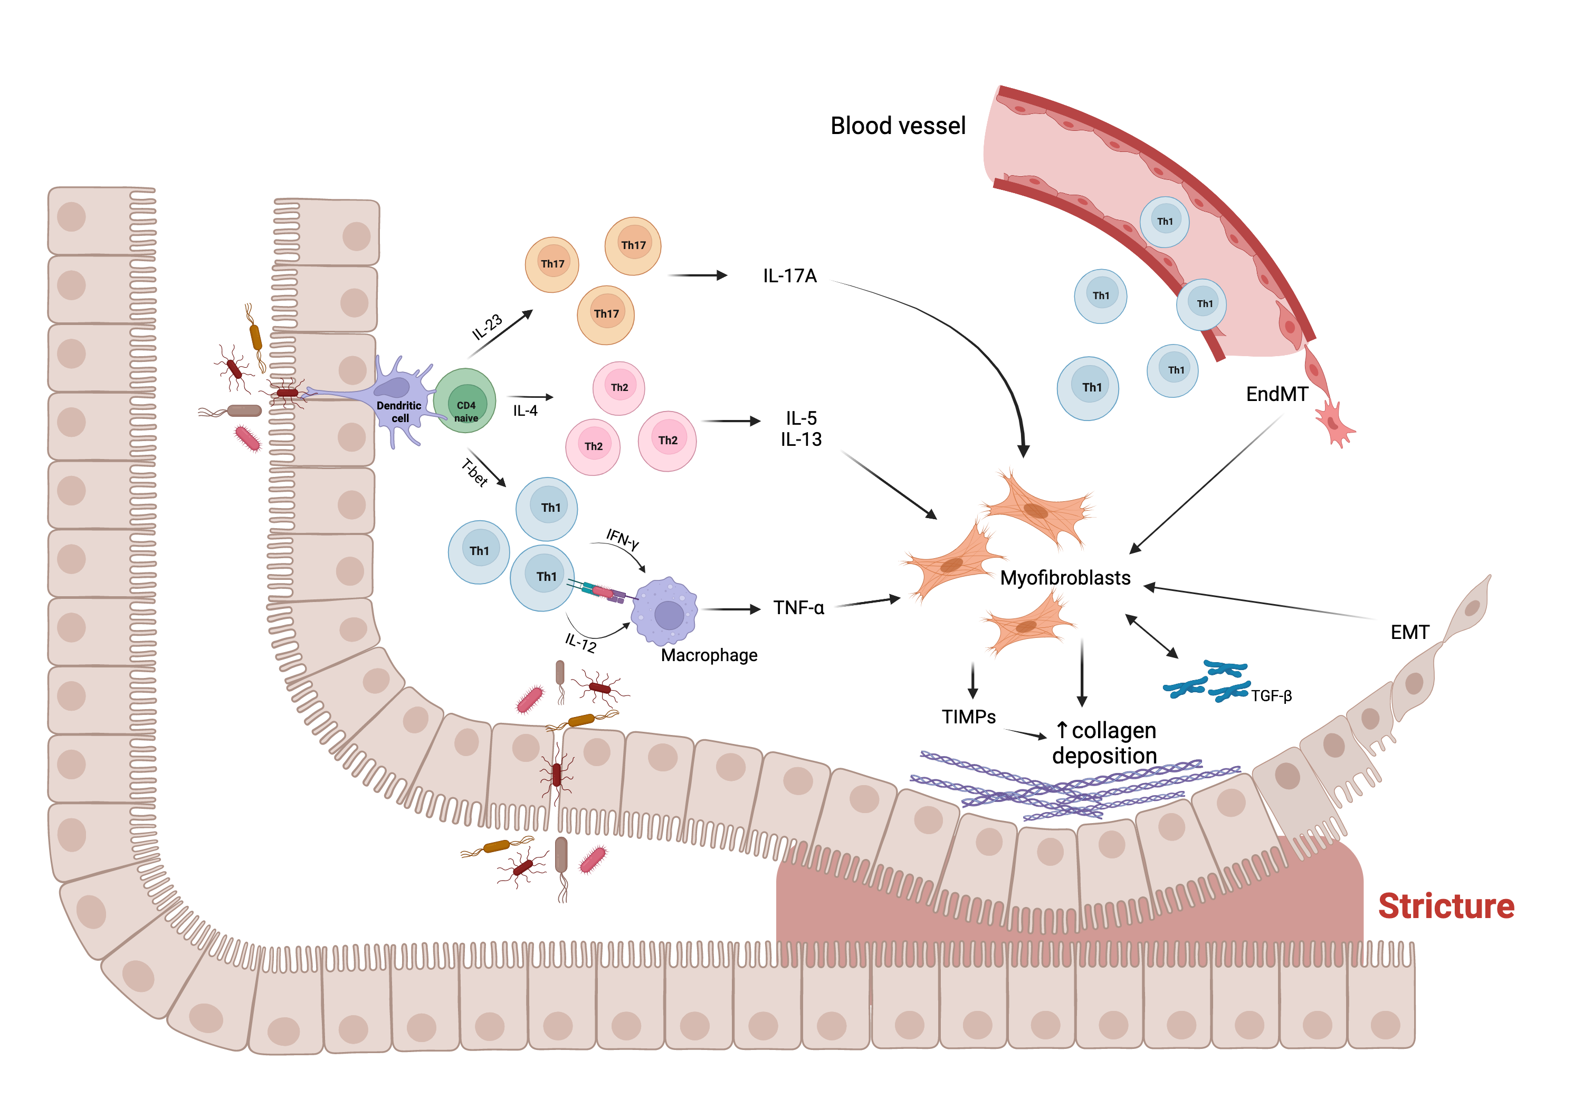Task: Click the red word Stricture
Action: click(x=1445, y=906)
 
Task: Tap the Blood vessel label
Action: click(x=897, y=126)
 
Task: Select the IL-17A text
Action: click(x=789, y=276)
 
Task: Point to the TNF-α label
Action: click(x=798, y=607)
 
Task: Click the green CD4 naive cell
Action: click(x=465, y=402)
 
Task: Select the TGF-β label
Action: click(x=1271, y=696)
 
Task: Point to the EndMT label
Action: click(x=1276, y=394)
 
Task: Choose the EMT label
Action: click(x=1409, y=632)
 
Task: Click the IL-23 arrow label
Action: click(x=487, y=327)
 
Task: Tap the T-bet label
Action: click(x=474, y=473)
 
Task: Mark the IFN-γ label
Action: click(x=622, y=538)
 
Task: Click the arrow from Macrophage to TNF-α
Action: click(x=730, y=609)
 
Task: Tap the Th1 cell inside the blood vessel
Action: click(x=1164, y=221)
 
